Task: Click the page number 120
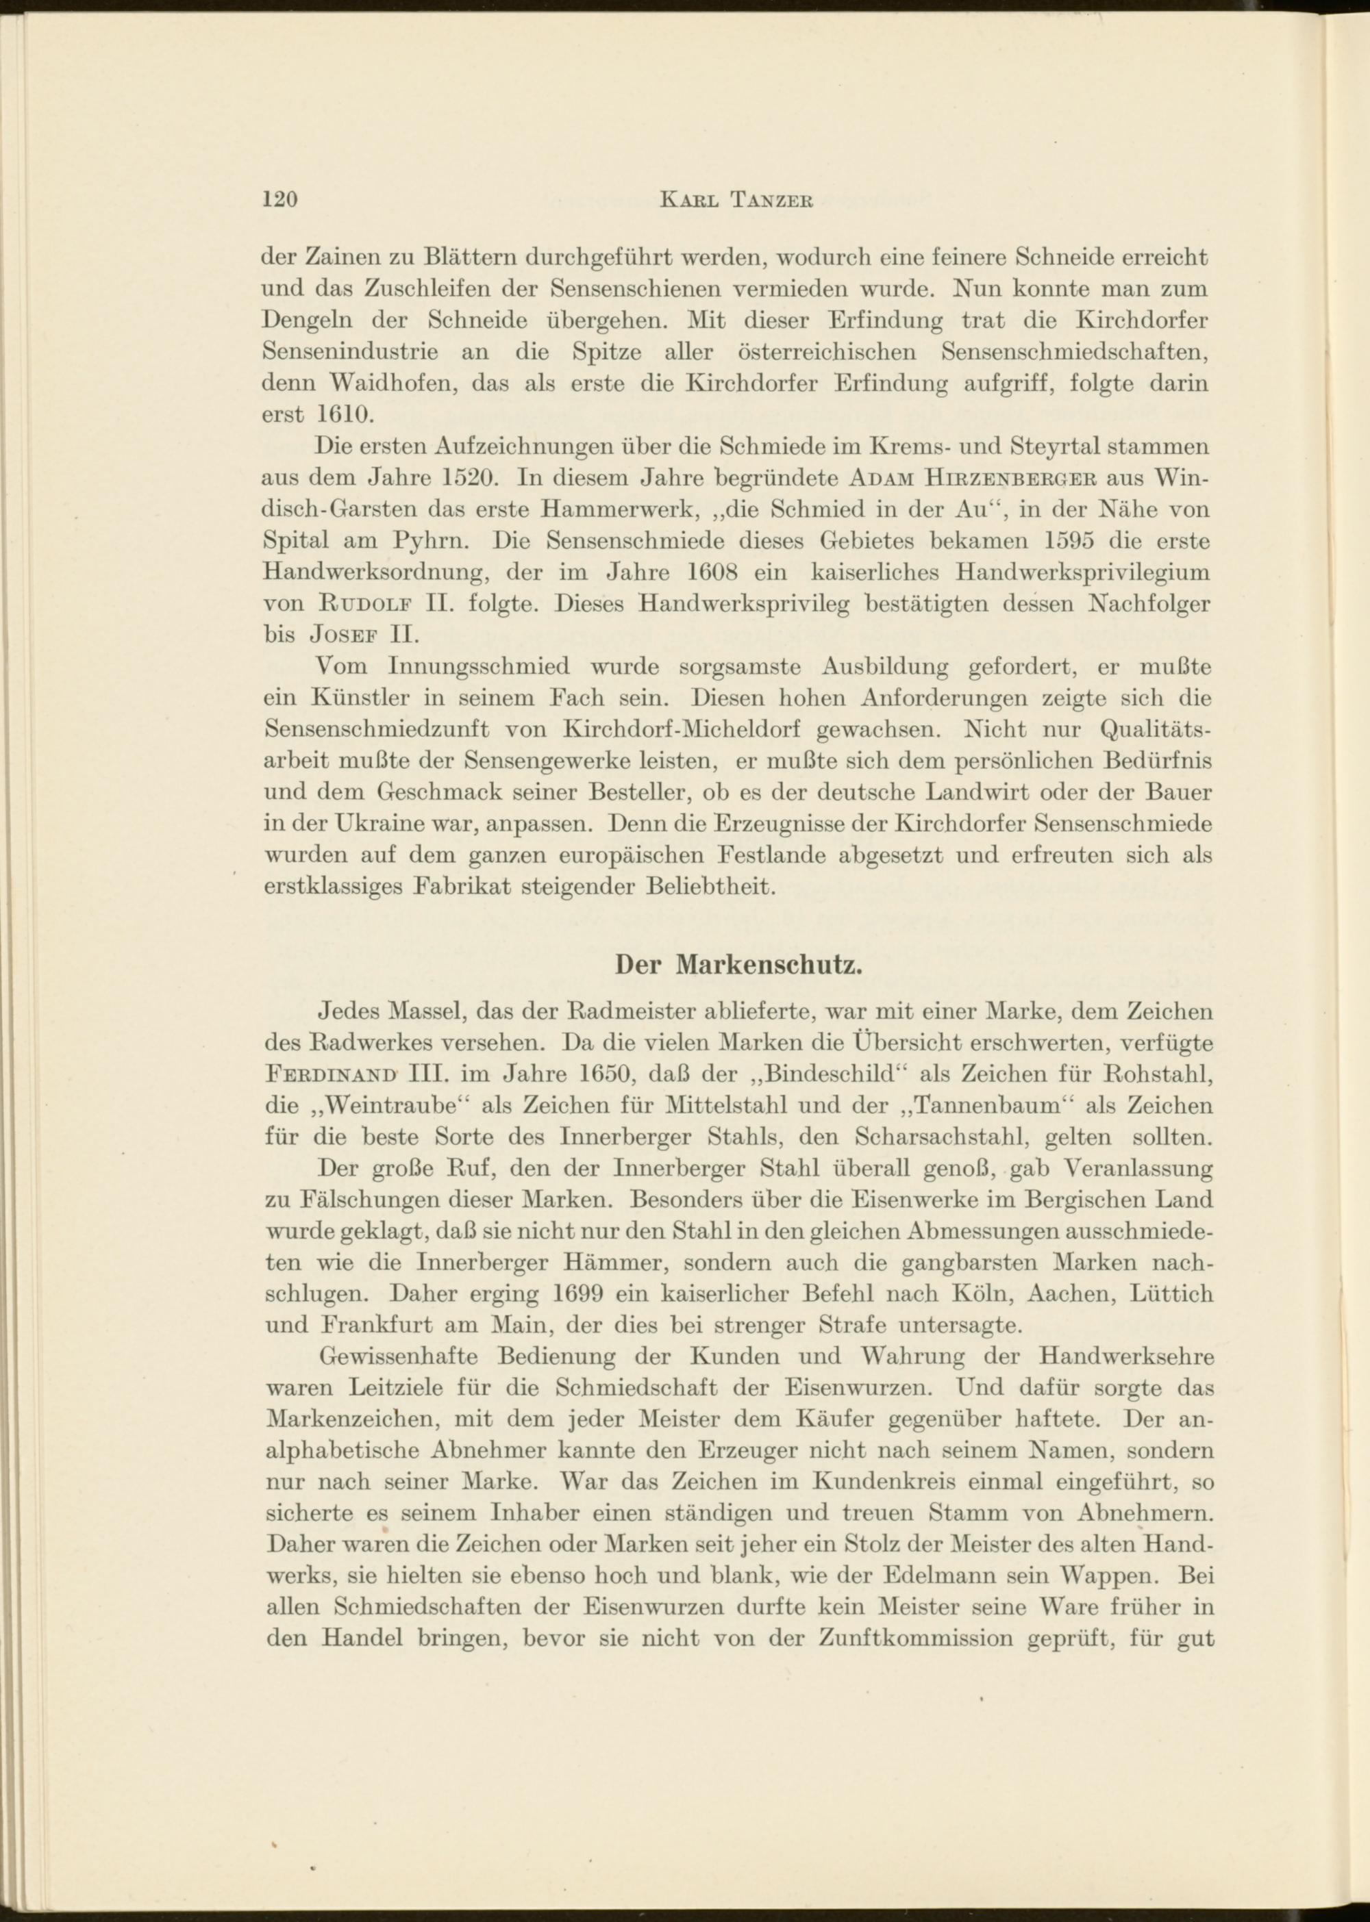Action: (281, 200)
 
